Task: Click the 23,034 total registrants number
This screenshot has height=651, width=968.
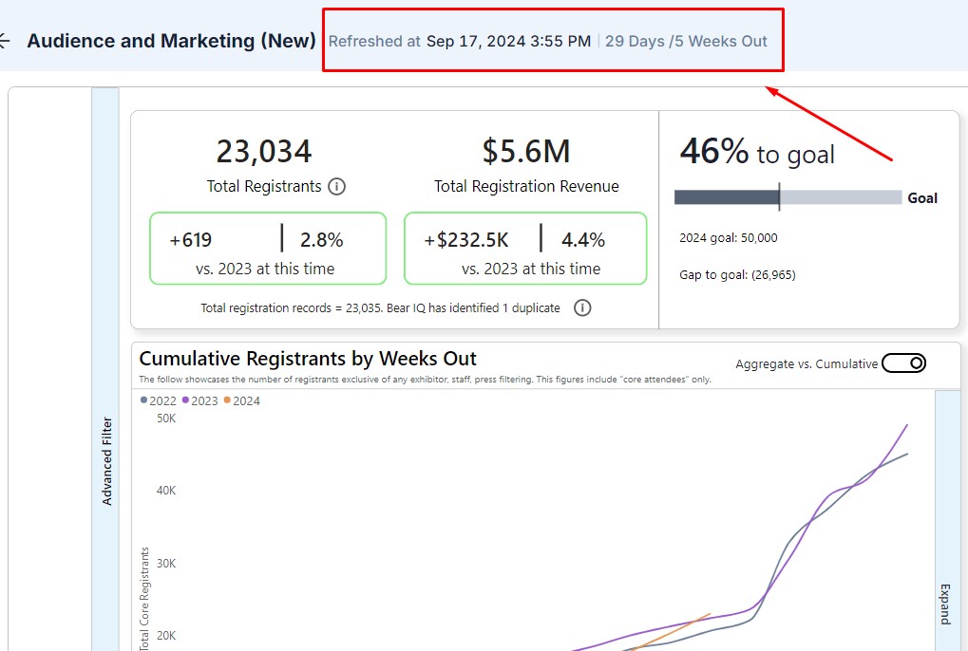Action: (x=264, y=152)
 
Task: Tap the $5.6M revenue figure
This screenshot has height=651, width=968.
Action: (x=526, y=152)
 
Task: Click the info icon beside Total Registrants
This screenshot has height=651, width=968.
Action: (x=336, y=187)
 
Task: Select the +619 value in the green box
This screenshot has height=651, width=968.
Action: (x=191, y=240)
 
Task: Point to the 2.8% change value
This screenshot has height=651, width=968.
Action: (x=321, y=240)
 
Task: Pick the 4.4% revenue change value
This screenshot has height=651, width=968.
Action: (x=583, y=240)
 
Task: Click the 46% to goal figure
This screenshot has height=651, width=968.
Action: (x=757, y=152)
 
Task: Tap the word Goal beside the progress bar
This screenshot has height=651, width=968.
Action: (x=922, y=198)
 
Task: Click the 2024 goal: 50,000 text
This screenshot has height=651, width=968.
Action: (x=729, y=238)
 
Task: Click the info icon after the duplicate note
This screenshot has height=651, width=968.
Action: (x=583, y=308)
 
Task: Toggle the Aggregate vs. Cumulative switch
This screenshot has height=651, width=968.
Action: (x=903, y=363)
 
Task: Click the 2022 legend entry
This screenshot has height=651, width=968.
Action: (x=159, y=400)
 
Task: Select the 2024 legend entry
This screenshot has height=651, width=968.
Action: (x=242, y=400)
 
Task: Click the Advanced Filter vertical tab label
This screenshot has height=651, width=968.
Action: (x=106, y=461)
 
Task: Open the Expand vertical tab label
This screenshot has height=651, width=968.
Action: (x=946, y=604)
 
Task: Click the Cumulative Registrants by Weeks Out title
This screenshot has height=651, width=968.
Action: (x=308, y=359)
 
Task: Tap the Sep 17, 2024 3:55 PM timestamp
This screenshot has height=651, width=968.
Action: (x=508, y=42)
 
